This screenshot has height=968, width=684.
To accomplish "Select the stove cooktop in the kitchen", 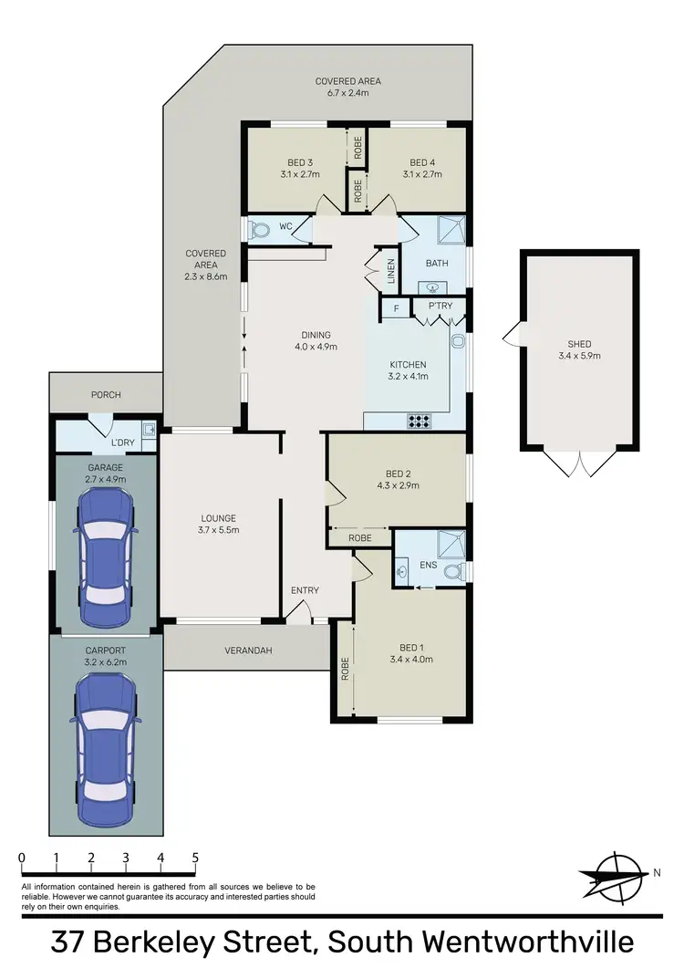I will click(420, 422).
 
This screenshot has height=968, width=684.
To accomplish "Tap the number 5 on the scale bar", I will click(195, 859).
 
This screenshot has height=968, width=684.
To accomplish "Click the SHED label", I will click(579, 344).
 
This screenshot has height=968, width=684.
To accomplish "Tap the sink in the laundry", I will click(148, 429).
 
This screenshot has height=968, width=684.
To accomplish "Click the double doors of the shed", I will click(578, 463).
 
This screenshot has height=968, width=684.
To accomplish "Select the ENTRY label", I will click(305, 590).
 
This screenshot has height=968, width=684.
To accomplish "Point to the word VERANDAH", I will click(247, 651).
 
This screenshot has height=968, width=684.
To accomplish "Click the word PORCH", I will click(105, 395).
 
